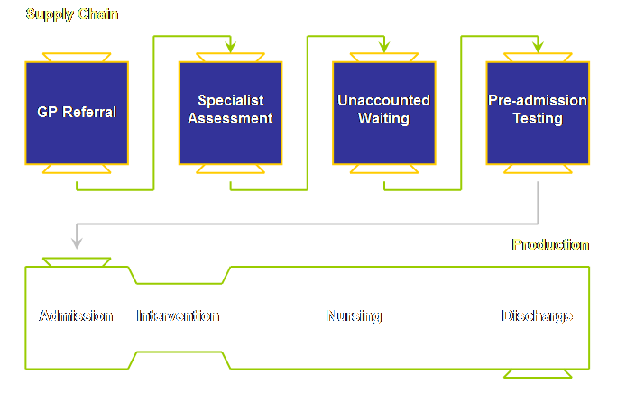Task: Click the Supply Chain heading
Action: (x=72, y=14)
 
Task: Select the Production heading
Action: (x=550, y=244)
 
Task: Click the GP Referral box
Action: (x=77, y=113)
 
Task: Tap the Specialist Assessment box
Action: (x=230, y=113)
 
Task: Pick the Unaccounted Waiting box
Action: (x=384, y=113)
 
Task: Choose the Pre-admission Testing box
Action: (x=538, y=113)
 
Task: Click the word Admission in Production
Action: (x=77, y=316)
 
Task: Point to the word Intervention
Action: (x=178, y=316)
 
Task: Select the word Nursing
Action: (x=354, y=316)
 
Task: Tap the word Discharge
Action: (x=538, y=316)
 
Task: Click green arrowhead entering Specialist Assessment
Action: (x=230, y=46)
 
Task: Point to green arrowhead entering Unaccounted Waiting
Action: (x=384, y=46)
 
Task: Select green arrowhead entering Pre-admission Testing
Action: (x=538, y=46)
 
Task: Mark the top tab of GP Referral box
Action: (x=77, y=57)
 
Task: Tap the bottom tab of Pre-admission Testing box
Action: (x=538, y=169)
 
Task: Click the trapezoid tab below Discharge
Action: (x=538, y=373)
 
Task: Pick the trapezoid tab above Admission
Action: (x=77, y=262)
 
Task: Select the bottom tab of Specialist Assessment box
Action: (x=230, y=169)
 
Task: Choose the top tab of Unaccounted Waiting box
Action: (x=384, y=57)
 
